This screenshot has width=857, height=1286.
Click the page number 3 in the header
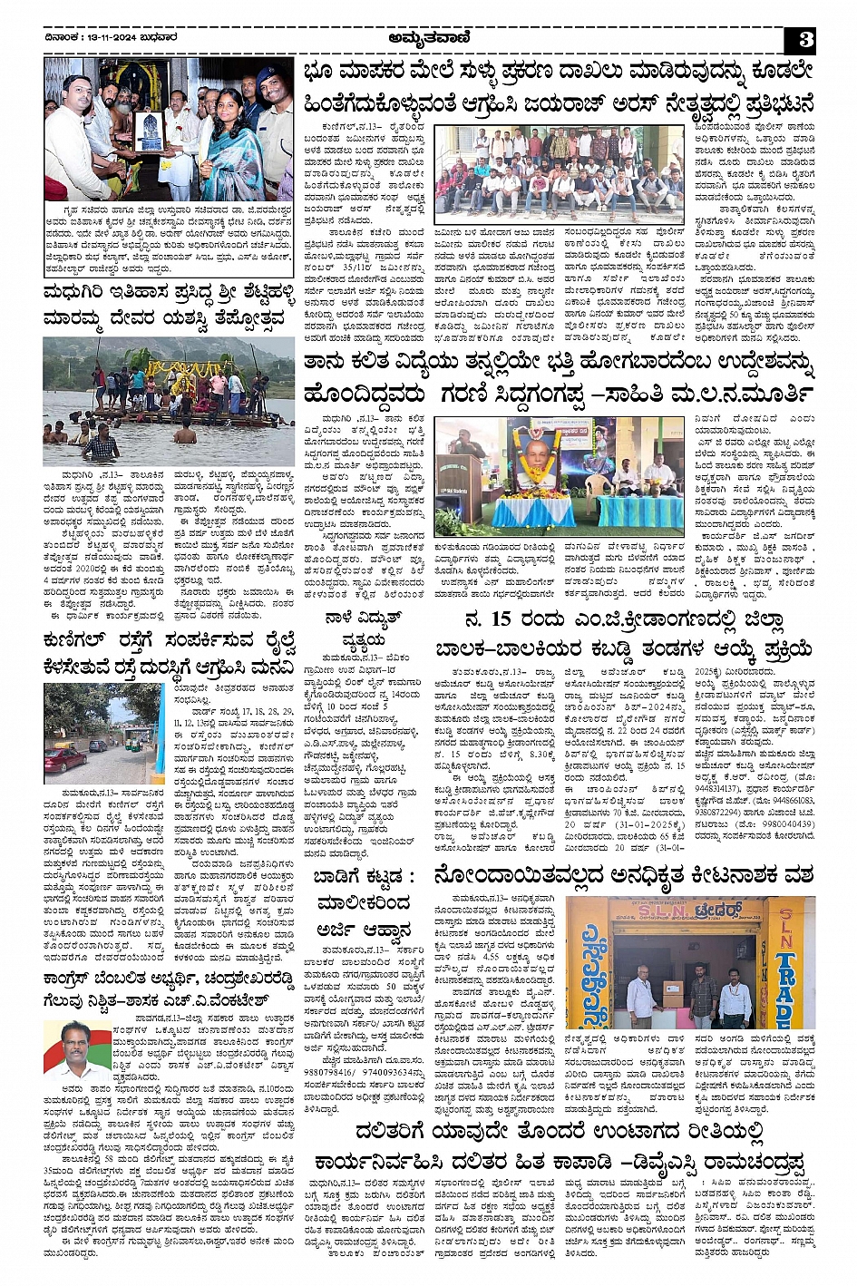pos(805,39)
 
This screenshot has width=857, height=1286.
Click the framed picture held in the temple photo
pos(148,132)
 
